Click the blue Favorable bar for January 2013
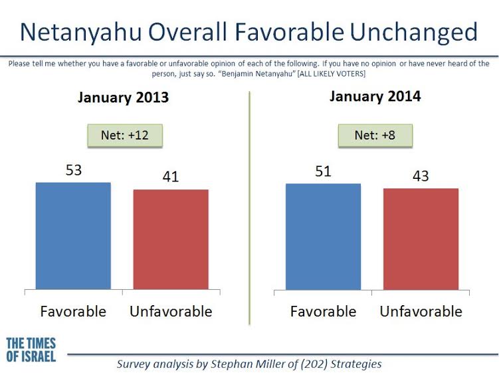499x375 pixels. click(73, 236)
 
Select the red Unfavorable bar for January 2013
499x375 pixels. click(171, 239)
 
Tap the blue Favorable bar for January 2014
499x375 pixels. click(324, 237)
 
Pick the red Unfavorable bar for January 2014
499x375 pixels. click(421, 239)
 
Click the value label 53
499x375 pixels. click(74, 170)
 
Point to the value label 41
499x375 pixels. click(171, 177)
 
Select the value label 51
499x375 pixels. click(324, 172)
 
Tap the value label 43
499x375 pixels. click(421, 176)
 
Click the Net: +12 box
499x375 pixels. click(125, 136)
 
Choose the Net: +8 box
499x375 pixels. click(375, 136)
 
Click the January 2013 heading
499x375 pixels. click(123, 98)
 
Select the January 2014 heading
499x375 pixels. click(375, 96)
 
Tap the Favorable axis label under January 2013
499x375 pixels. click(73, 311)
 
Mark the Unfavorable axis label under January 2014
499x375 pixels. click(421, 311)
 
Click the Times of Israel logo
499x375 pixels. click(31, 350)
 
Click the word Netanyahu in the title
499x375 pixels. click(81, 33)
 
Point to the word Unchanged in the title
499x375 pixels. click(414, 33)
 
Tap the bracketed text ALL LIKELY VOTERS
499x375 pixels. click(332, 74)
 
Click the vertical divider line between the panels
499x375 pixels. click(250, 208)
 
